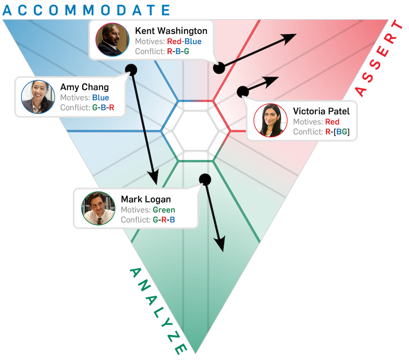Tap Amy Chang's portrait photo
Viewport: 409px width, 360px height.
(x=38, y=97)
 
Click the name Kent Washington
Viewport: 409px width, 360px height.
(x=171, y=31)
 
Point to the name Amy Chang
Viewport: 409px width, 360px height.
(x=84, y=87)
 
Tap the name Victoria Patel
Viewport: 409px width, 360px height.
(x=321, y=111)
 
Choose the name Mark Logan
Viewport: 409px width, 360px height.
(x=146, y=200)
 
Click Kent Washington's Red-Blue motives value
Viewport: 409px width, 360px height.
(x=184, y=41)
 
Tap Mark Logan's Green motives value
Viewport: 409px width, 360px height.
(x=164, y=210)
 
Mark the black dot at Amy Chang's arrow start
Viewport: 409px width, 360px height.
(x=131, y=70)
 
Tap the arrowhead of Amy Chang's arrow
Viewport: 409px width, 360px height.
(x=154, y=178)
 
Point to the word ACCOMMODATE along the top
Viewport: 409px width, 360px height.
(x=85, y=10)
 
